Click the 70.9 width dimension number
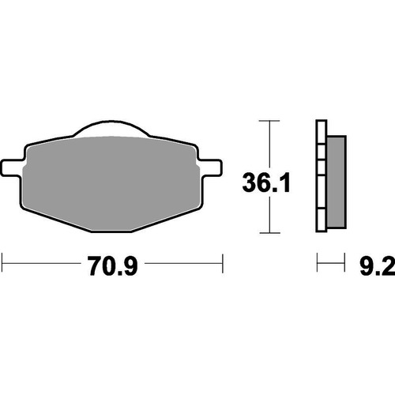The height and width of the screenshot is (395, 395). coord(111,266)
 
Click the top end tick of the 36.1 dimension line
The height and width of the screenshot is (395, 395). coord(270,121)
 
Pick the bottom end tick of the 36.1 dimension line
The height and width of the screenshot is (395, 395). coord(270,234)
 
